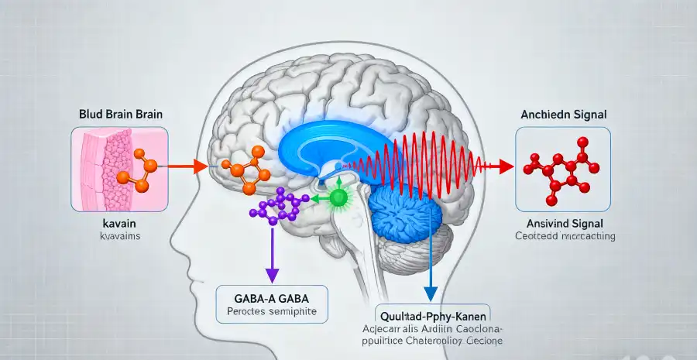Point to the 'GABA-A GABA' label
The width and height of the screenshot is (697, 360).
(270, 299)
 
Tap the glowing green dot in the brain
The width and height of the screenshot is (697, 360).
(338, 198)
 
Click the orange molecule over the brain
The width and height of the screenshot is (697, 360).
(246, 170)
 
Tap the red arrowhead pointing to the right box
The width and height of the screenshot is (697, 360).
(506, 166)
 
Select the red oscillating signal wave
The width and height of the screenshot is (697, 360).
(418, 162)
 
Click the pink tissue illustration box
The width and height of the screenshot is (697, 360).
(116, 170)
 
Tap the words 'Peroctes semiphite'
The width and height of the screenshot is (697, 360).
(270, 313)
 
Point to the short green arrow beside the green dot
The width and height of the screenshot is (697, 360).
(318, 199)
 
